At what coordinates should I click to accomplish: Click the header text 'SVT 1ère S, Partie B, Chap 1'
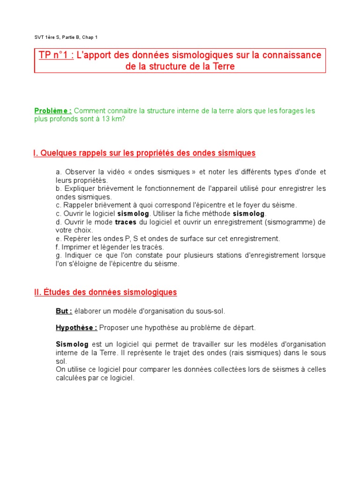(x=66, y=37)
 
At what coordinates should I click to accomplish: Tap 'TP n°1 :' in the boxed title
(x=55, y=55)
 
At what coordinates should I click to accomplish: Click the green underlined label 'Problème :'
(x=53, y=111)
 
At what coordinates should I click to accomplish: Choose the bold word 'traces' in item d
(x=126, y=222)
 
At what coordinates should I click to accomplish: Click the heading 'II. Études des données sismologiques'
(x=105, y=292)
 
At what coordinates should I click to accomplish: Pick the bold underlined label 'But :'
(x=64, y=311)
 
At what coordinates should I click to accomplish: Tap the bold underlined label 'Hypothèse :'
(x=76, y=327)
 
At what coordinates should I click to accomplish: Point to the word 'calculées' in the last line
(x=70, y=378)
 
